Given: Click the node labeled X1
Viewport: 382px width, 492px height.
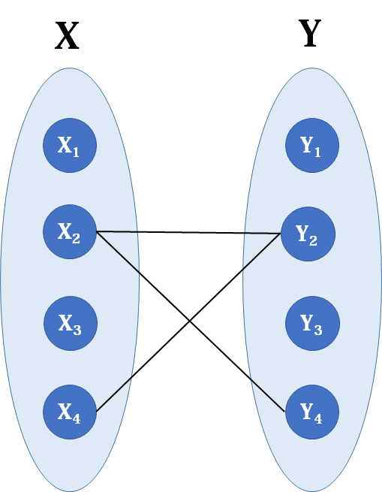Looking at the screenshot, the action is pyautogui.click(x=70, y=145).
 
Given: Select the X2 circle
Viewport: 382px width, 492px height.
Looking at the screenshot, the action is pyautogui.click(x=70, y=231).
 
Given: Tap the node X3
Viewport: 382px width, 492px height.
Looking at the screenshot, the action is pyautogui.click(x=71, y=323).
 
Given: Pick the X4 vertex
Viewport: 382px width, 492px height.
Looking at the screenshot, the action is pyautogui.click(x=70, y=412).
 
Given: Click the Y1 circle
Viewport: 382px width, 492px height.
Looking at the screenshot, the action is pyautogui.click(x=312, y=145).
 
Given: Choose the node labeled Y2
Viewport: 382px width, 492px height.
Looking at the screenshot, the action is pyautogui.click(x=308, y=234).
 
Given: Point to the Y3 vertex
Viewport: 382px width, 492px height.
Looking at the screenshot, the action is pyautogui.click(x=312, y=323).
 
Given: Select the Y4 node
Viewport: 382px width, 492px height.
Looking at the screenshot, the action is pyautogui.click(x=312, y=412).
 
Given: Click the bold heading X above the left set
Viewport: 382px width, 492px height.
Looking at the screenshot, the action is pyautogui.click(x=67, y=36).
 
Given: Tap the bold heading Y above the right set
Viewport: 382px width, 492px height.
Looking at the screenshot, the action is pyautogui.click(x=310, y=33).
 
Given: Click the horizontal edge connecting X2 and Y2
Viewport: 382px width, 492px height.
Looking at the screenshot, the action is pyautogui.click(x=188, y=233).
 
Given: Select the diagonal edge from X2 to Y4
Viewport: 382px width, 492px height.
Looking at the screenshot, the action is pyautogui.click(x=191, y=321).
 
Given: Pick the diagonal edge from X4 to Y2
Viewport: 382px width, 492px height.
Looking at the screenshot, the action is pyautogui.click(x=188, y=322).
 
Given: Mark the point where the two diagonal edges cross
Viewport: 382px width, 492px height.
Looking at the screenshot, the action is pyautogui.click(x=189, y=321).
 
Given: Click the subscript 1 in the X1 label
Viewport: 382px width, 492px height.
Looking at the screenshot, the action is pyautogui.click(x=76, y=152).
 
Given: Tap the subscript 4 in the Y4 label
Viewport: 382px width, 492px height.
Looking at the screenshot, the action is pyautogui.click(x=318, y=418).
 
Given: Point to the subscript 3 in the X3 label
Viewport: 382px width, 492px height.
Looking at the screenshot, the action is pyautogui.click(x=77, y=330).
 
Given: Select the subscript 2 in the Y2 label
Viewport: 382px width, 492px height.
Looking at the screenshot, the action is pyautogui.click(x=313, y=240).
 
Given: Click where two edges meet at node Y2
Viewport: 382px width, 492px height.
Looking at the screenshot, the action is pyautogui.click(x=281, y=234).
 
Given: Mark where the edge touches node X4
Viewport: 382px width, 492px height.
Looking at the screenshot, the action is pyautogui.click(x=96, y=412).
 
